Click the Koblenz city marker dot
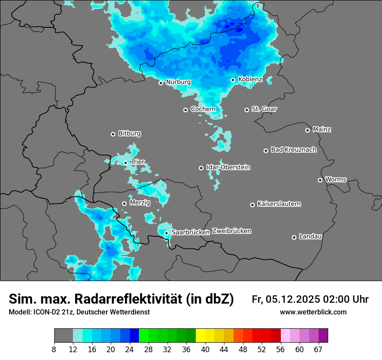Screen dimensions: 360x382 click(x=233, y=80)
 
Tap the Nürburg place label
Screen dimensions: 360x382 click(x=178, y=82)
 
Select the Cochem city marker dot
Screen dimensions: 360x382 click(x=185, y=110)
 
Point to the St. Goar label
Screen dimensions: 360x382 click(x=264, y=109)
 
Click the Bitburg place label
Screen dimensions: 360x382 click(x=129, y=134)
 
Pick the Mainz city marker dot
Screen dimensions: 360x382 click(x=307, y=130)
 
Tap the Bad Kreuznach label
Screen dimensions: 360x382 click(x=293, y=150)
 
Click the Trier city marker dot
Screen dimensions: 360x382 click(x=126, y=163)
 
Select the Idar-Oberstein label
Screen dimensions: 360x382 click(x=228, y=167)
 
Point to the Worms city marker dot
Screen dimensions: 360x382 click(x=320, y=180)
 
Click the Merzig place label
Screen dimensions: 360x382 click(x=140, y=203)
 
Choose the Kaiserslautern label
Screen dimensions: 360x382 click(x=279, y=204)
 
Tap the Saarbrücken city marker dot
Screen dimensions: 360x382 click(x=166, y=233)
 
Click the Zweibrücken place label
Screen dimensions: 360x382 click(x=231, y=231)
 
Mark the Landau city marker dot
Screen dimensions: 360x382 click(x=294, y=237)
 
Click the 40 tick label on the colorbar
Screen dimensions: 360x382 click(x=205, y=350)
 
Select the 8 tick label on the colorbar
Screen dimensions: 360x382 click(x=54, y=350)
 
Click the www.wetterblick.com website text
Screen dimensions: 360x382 click(x=313, y=312)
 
